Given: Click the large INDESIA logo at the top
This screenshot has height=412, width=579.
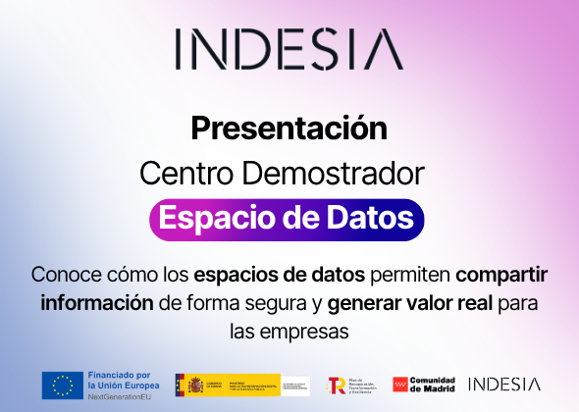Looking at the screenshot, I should tap(289, 50).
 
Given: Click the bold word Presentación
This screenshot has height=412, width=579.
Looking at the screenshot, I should tap(289, 129).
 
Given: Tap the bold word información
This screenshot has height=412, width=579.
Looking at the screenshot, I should tap(96, 301).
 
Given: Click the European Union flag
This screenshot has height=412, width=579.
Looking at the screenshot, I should tap(62, 385).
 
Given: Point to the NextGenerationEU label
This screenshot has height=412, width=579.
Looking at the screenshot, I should tap(121, 395).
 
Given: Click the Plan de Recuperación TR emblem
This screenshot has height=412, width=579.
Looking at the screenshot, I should tap(336, 385).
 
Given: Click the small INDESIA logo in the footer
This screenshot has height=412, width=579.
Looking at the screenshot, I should tap(503, 384).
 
